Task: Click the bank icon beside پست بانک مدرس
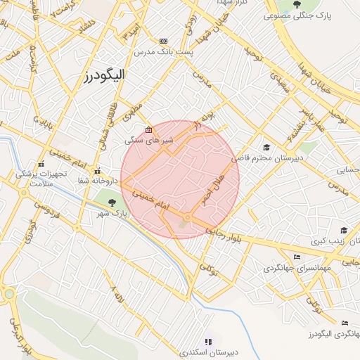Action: click(164, 41)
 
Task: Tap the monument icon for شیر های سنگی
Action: click(148, 130)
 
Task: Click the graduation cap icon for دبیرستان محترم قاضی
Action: click(266, 147)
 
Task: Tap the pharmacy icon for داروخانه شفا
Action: click(98, 171)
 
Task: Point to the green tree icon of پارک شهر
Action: click(113, 202)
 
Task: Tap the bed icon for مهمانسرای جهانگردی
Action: click(297, 257)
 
